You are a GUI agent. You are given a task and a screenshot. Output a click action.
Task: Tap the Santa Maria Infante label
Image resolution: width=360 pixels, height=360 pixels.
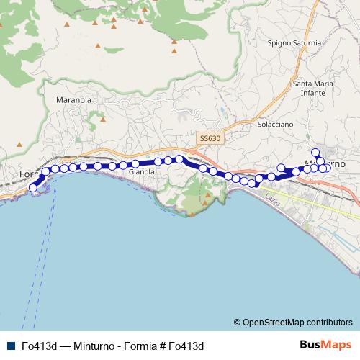(313, 88)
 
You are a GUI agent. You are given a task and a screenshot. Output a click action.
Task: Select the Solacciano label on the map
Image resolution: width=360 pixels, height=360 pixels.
(275, 124)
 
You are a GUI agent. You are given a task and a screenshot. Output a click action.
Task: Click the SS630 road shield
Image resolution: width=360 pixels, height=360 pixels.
(211, 138)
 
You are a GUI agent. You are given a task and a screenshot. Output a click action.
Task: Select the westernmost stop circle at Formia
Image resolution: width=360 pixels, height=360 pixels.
(32, 188)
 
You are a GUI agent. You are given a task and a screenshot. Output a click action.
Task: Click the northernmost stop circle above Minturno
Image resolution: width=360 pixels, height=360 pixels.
(315, 152)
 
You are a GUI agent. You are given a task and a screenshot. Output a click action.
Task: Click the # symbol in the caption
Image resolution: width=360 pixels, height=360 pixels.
(163, 346)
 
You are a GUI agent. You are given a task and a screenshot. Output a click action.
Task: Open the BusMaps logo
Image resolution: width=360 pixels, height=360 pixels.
(325, 345)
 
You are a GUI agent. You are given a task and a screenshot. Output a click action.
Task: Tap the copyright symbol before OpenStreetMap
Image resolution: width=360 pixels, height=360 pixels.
(238, 323)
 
